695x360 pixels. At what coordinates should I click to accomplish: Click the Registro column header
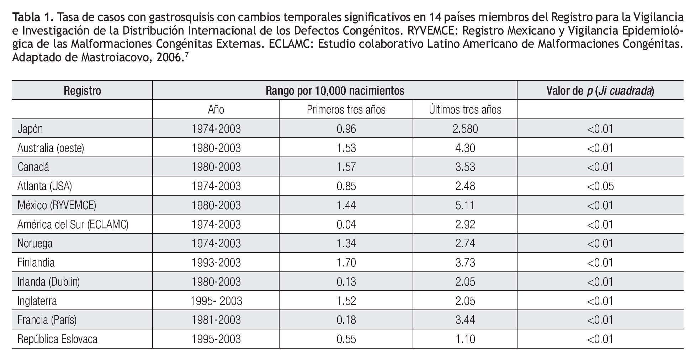point(82,91)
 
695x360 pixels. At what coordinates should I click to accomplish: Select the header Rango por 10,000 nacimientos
point(335,91)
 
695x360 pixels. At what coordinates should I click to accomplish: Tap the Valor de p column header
point(600,91)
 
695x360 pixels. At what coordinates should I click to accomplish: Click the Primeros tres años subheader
point(346,110)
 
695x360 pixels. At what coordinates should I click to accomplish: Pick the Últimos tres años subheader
point(465,110)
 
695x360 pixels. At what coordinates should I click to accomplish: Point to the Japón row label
point(30,129)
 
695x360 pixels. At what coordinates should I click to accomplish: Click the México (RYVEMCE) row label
point(57,205)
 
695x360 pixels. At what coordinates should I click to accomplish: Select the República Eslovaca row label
point(57,339)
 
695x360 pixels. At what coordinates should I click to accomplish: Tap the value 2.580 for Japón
point(465,129)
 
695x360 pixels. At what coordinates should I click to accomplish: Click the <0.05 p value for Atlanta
point(600,186)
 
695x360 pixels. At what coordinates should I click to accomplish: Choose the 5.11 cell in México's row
point(465,205)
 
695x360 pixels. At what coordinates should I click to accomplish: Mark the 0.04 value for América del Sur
point(346,224)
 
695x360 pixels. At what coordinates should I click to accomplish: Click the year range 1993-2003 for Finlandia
point(216,263)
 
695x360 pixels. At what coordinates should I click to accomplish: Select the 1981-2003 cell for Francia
point(216,320)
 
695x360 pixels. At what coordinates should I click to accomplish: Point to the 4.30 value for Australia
point(465,148)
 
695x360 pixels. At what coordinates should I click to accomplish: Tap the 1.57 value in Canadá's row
point(346,167)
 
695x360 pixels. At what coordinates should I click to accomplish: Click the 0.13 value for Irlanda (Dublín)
point(346,282)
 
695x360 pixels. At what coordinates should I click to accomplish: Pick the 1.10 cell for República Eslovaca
point(465,339)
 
